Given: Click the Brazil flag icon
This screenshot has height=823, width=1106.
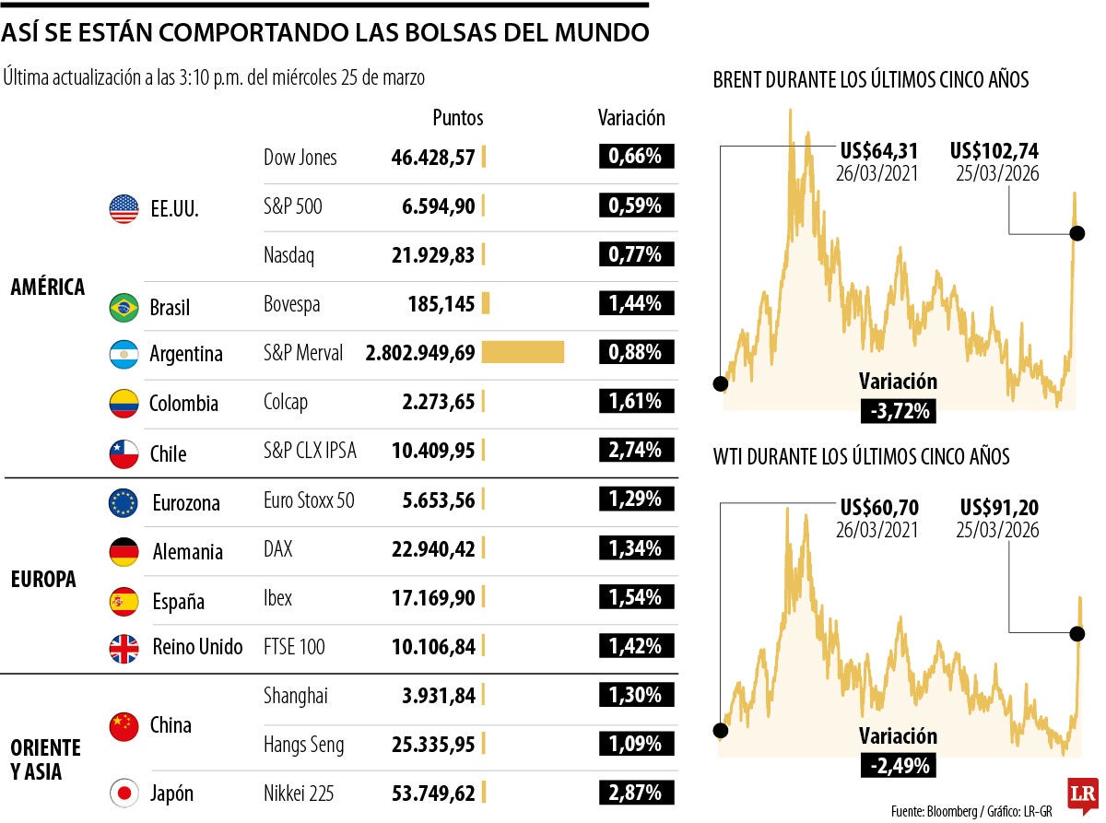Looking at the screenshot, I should pyautogui.click(x=124, y=307).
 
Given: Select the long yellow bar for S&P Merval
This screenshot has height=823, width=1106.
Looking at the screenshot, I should pyautogui.click(x=523, y=352).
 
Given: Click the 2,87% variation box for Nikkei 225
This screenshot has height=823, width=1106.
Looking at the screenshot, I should pyautogui.click(x=636, y=793).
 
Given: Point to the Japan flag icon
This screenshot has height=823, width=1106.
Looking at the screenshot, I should pyautogui.click(x=124, y=793).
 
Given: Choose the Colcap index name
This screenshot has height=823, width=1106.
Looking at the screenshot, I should pyautogui.click(x=286, y=402).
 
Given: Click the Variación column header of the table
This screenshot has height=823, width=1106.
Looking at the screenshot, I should pyautogui.click(x=631, y=118).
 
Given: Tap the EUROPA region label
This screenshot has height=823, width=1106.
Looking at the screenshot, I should pyautogui.click(x=43, y=579).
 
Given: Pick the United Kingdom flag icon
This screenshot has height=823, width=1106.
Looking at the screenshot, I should pyautogui.click(x=124, y=648).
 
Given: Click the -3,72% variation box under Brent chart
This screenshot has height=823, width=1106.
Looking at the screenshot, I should pyautogui.click(x=898, y=410).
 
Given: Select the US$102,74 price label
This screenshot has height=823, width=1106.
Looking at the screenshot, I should pyautogui.click(x=994, y=150).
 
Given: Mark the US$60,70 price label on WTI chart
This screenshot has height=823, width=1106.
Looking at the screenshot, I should pyautogui.click(x=879, y=508).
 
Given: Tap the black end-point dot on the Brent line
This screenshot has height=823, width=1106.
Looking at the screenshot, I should pyautogui.click(x=1077, y=234).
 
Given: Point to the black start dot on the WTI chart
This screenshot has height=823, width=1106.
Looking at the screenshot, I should pyautogui.click(x=720, y=731).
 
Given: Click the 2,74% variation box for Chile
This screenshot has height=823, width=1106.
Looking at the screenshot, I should pyautogui.click(x=636, y=450).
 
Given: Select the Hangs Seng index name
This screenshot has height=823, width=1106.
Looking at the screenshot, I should pyautogui.click(x=304, y=745).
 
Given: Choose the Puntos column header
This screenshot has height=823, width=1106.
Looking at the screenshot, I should pyautogui.click(x=458, y=118).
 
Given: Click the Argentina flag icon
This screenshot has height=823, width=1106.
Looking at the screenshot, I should pyautogui.click(x=124, y=354).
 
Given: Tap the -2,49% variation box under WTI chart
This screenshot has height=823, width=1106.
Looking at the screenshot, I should pyautogui.click(x=898, y=764).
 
